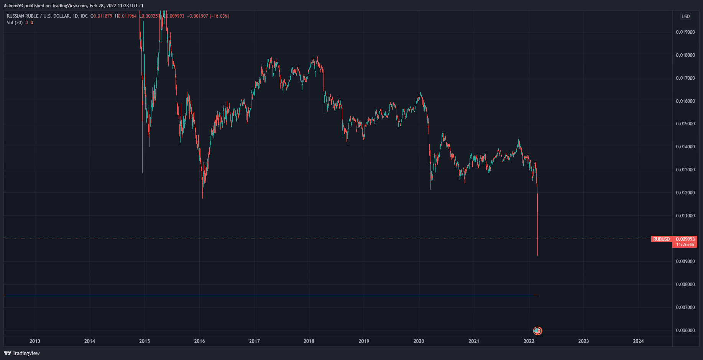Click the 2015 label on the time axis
pos(145,341)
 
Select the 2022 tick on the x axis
pos(529,341)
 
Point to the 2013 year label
pos(35,341)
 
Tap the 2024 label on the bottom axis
pos(638,341)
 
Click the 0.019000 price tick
pos(685,32)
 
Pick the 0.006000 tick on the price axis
pos(685,330)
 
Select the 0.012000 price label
pos(685,193)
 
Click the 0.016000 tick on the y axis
pos(685,101)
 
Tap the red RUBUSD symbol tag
pos(661,239)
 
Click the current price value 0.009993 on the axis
pos(685,239)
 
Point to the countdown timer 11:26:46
pos(685,245)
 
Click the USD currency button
pos(685,16)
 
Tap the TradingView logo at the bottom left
pos(22,353)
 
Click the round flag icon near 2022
pos(537,330)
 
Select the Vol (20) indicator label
pos(15,23)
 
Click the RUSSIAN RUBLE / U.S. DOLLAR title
pos(38,16)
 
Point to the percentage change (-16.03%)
pos(219,16)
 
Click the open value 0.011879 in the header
pos(103,16)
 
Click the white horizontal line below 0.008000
pos(268,295)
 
